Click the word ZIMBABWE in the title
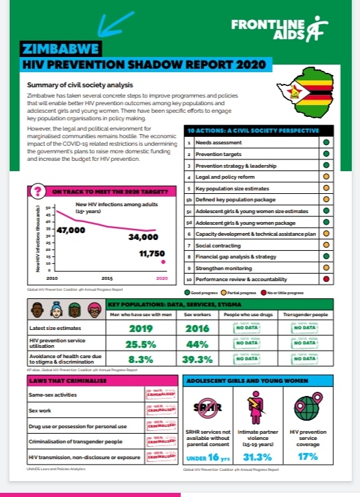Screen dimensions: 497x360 point(58,49)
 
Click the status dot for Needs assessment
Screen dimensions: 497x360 point(328,142)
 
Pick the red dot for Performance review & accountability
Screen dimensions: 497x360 point(328,280)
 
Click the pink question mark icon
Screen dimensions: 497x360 point(39,191)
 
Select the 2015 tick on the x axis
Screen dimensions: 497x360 point(107,278)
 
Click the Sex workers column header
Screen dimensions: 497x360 point(197,315)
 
